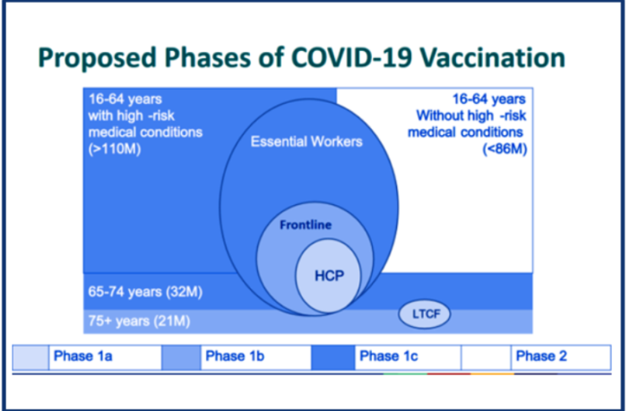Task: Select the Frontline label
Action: pos(305,226)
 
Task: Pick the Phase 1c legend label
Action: pos(389,356)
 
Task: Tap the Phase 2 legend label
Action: pos(541,356)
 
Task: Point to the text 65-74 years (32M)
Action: pos(136,291)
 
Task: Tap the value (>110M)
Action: pos(111,148)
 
